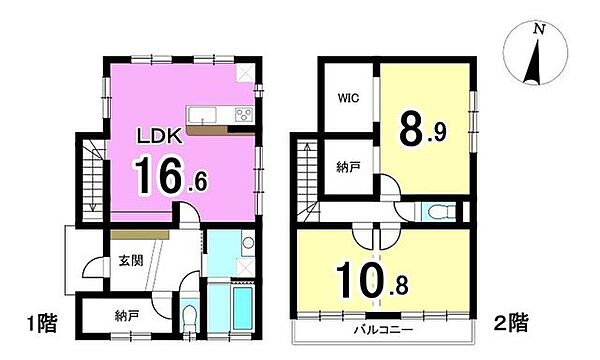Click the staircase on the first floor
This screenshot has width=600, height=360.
pyautogui.click(x=89, y=180)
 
